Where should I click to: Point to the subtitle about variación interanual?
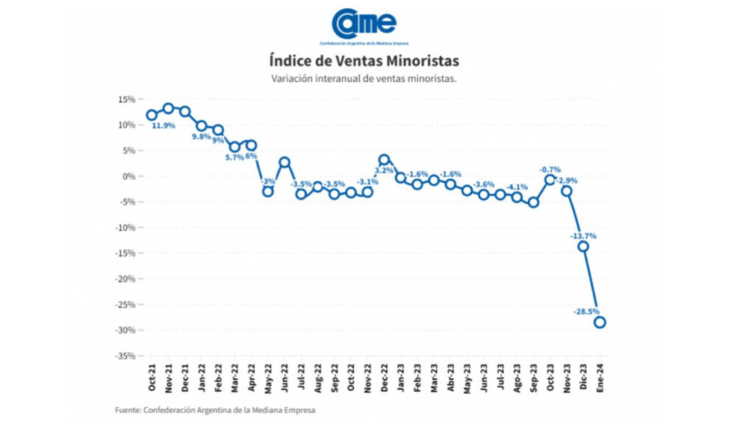(363, 77)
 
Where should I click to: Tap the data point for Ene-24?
(600, 322)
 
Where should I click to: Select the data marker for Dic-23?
(583, 246)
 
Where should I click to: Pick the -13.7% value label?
(582, 236)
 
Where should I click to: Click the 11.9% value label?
(163, 125)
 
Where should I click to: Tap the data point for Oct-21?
(152, 114)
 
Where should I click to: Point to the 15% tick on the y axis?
(125, 99)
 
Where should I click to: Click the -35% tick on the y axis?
(123, 356)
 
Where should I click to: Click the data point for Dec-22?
(384, 159)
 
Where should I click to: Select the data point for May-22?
(268, 192)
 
